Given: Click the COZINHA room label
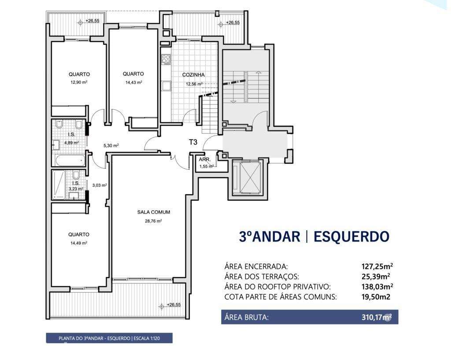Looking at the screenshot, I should [x=193, y=75].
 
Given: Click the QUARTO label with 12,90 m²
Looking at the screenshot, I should [x=79, y=74].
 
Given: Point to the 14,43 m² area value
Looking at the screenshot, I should [x=133, y=82].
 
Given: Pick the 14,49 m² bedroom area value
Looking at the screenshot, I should [x=78, y=243].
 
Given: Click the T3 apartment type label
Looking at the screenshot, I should [x=193, y=142].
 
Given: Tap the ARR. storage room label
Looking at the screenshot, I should [x=204, y=160].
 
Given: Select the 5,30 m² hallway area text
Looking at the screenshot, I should [x=111, y=145].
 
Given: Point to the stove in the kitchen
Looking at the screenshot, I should [x=166, y=59].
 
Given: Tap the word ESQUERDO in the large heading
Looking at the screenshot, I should [x=351, y=236].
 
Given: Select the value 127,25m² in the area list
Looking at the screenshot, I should [x=375, y=266].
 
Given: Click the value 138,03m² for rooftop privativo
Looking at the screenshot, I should [x=375, y=286].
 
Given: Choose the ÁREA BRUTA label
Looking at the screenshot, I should [x=246, y=317].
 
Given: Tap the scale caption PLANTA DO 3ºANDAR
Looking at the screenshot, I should [x=109, y=338].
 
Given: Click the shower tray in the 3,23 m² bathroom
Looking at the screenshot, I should [x=59, y=184].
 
